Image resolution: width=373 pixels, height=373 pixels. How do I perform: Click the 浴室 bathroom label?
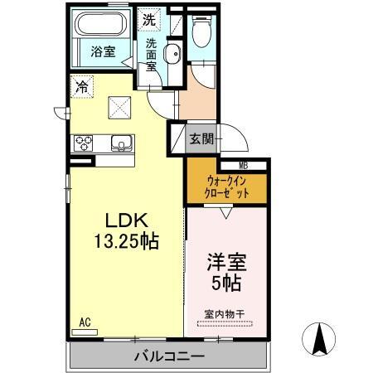point(103,51)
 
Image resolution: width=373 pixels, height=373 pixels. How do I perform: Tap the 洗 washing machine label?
point(148,19)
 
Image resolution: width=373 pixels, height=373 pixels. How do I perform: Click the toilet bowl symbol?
point(201,33)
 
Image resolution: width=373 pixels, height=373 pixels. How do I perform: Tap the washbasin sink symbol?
point(172,56)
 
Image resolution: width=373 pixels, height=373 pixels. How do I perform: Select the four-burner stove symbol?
point(85,143)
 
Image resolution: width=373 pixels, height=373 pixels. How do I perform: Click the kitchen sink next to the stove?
point(122,143)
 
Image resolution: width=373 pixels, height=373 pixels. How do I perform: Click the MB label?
point(245,165)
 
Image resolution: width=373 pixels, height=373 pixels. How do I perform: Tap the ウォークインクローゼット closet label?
point(226,186)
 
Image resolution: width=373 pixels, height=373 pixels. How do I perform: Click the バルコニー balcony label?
point(169,356)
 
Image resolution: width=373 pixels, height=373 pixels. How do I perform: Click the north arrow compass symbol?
point(319,338)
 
